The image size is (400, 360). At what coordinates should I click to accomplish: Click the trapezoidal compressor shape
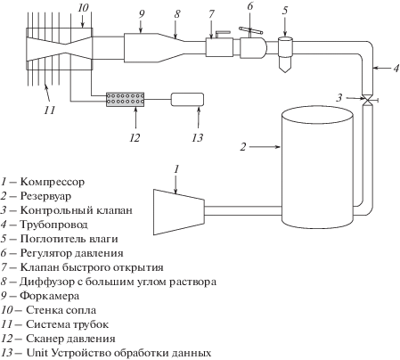coord(179,212)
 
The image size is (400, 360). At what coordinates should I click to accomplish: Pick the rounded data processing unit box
coord(187,100)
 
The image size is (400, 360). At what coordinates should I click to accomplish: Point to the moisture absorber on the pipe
coord(285,54)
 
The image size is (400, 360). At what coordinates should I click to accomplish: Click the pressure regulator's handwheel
coord(250,29)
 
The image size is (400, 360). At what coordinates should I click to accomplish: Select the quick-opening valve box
coord(219,47)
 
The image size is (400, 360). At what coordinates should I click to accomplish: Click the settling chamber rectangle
coord(141,47)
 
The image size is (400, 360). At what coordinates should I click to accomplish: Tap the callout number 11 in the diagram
coord(50,110)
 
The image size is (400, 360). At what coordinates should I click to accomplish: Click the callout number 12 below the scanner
coord(135,138)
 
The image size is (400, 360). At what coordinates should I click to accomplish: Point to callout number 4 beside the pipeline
coord(396,69)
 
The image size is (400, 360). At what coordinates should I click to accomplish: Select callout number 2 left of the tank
coord(243,147)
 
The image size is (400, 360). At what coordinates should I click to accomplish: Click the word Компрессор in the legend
coord(53,182)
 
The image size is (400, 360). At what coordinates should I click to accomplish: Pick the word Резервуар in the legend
coord(45,196)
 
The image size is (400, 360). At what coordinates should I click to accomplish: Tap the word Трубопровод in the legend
coord(53,225)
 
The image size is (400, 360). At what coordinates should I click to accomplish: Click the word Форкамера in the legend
coord(50,296)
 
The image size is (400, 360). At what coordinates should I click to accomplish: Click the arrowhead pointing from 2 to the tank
coord(277,147)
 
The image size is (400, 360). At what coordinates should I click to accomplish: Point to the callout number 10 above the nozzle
coord(83,8)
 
